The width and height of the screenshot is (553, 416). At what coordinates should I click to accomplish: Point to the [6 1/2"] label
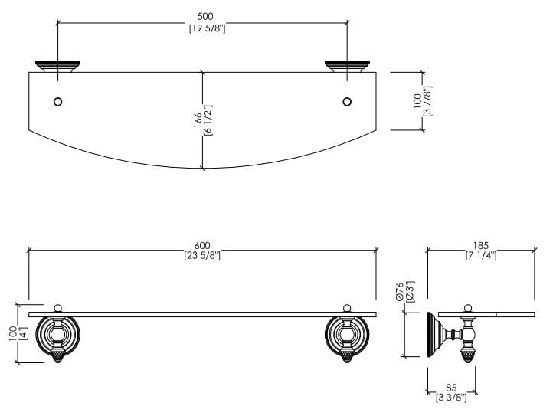click(208, 120)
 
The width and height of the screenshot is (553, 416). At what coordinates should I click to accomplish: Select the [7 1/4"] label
click(481, 256)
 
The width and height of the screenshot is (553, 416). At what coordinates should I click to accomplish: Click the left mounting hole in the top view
click(57, 102)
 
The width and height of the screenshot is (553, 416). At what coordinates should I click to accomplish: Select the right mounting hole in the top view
click(347, 102)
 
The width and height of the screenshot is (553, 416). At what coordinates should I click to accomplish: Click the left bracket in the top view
click(57, 67)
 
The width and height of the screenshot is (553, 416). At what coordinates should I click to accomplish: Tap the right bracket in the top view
click(347, 67)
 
